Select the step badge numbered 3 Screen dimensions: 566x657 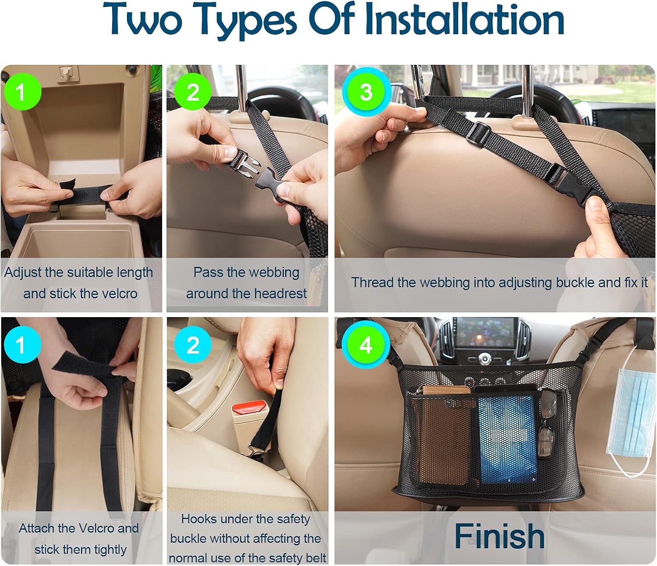coord(366,92)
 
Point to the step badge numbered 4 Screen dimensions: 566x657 coord(366,345)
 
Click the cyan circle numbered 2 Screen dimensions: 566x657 coord(193,345)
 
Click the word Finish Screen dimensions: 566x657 coord(499,536)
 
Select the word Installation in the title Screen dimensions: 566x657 coord(464,20)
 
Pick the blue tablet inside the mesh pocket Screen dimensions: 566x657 coord(507,438)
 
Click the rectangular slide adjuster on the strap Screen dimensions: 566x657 coord(477,133)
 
